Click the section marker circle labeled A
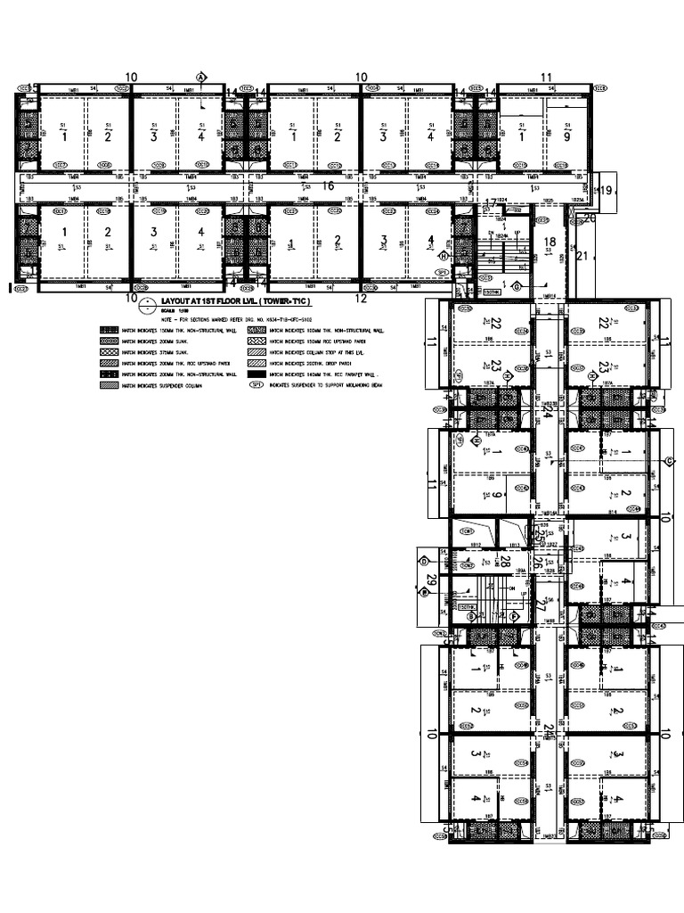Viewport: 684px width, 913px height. click(x=201, y=78)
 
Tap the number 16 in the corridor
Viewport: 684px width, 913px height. click(x=328, y=185)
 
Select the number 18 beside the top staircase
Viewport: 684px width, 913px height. click(x=550, y=242)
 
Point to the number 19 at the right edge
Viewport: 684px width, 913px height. click(x=606, y=191)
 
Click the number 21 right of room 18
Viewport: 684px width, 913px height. click(x=582, y=257)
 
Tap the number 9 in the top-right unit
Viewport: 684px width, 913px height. click(x=566, y=137)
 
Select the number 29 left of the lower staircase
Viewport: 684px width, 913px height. click(x=432, y=580)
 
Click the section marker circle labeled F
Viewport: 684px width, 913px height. click(x=514, y=616)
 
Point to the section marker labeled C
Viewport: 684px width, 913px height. click(x=669, y=461)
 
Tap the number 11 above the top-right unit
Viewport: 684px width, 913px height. click(x=546, y=78)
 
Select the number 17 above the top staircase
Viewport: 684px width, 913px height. click(x=490, y=204)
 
